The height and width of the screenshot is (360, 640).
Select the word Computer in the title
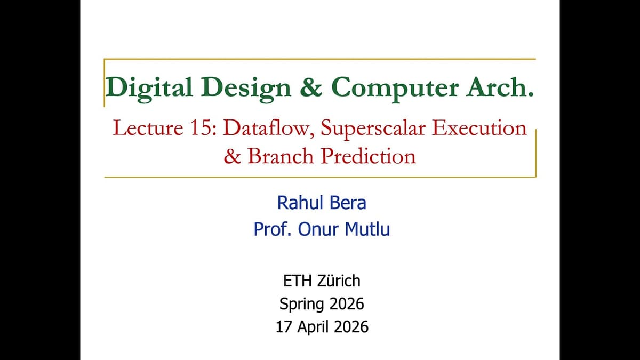pyautogui.click(x=397, y=87)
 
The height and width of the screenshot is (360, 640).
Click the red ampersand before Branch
pyautogui.click(x=233, y=156)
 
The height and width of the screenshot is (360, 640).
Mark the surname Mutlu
pyautogui.click(x=365, y=229)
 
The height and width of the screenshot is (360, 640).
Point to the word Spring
pyautogui.click(x=301, y=303)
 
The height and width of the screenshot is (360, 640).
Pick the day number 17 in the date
pyautogui.click(x=283, y=326)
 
